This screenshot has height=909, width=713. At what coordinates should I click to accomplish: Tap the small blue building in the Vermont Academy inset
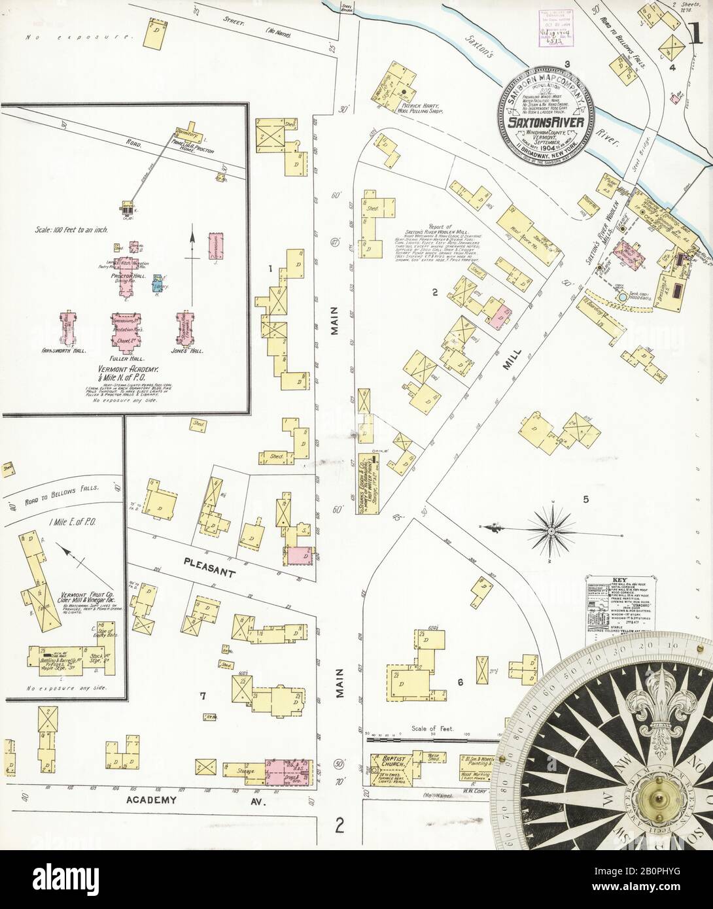point(158,283)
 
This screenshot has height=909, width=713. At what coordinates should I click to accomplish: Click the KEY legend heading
point(619,579)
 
